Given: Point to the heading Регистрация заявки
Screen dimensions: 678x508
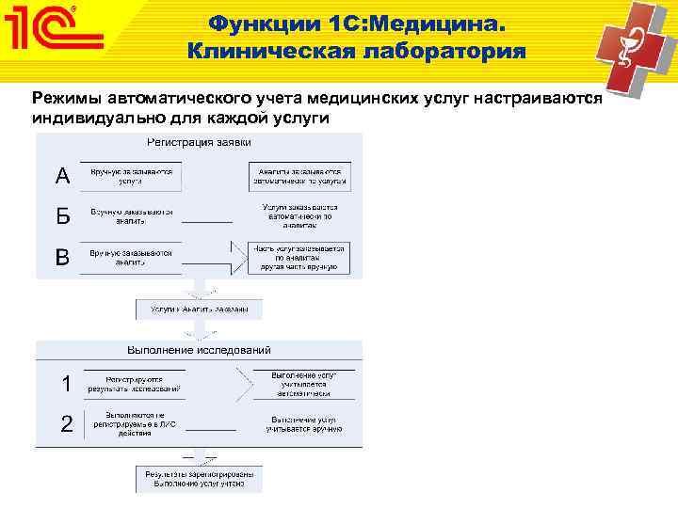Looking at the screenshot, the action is pyautogui.click(x=198, y=142).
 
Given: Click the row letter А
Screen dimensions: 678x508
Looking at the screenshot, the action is pyautogui.click(x=62, y=176).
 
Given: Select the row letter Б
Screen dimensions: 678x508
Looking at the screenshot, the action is pyautogui.click(x=62, y=216).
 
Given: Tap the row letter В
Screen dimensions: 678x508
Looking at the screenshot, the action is pyautogui.click(x=62, y=257).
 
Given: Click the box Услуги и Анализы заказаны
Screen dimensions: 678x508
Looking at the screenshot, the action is pyautogui.click(x=199, y=309).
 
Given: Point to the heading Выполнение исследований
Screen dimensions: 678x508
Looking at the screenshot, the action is pyautogui.click(x=198, y=350).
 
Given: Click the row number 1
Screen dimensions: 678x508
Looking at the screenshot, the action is pyautogui.click(x=66, y=383).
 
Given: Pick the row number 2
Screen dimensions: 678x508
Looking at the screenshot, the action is pyautogui.click(x=66, y=424).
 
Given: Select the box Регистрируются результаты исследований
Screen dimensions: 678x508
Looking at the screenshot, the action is pyautogui.click(x=134, y=382).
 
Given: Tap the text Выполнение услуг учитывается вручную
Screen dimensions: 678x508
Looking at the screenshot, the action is pyautogui.click(x=303, y=424).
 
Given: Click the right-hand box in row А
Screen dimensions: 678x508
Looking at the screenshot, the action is pyautogui.click(x=299, y=177).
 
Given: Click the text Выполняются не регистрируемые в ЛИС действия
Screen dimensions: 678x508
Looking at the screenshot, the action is pyautogui.click(x=134, y=424).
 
